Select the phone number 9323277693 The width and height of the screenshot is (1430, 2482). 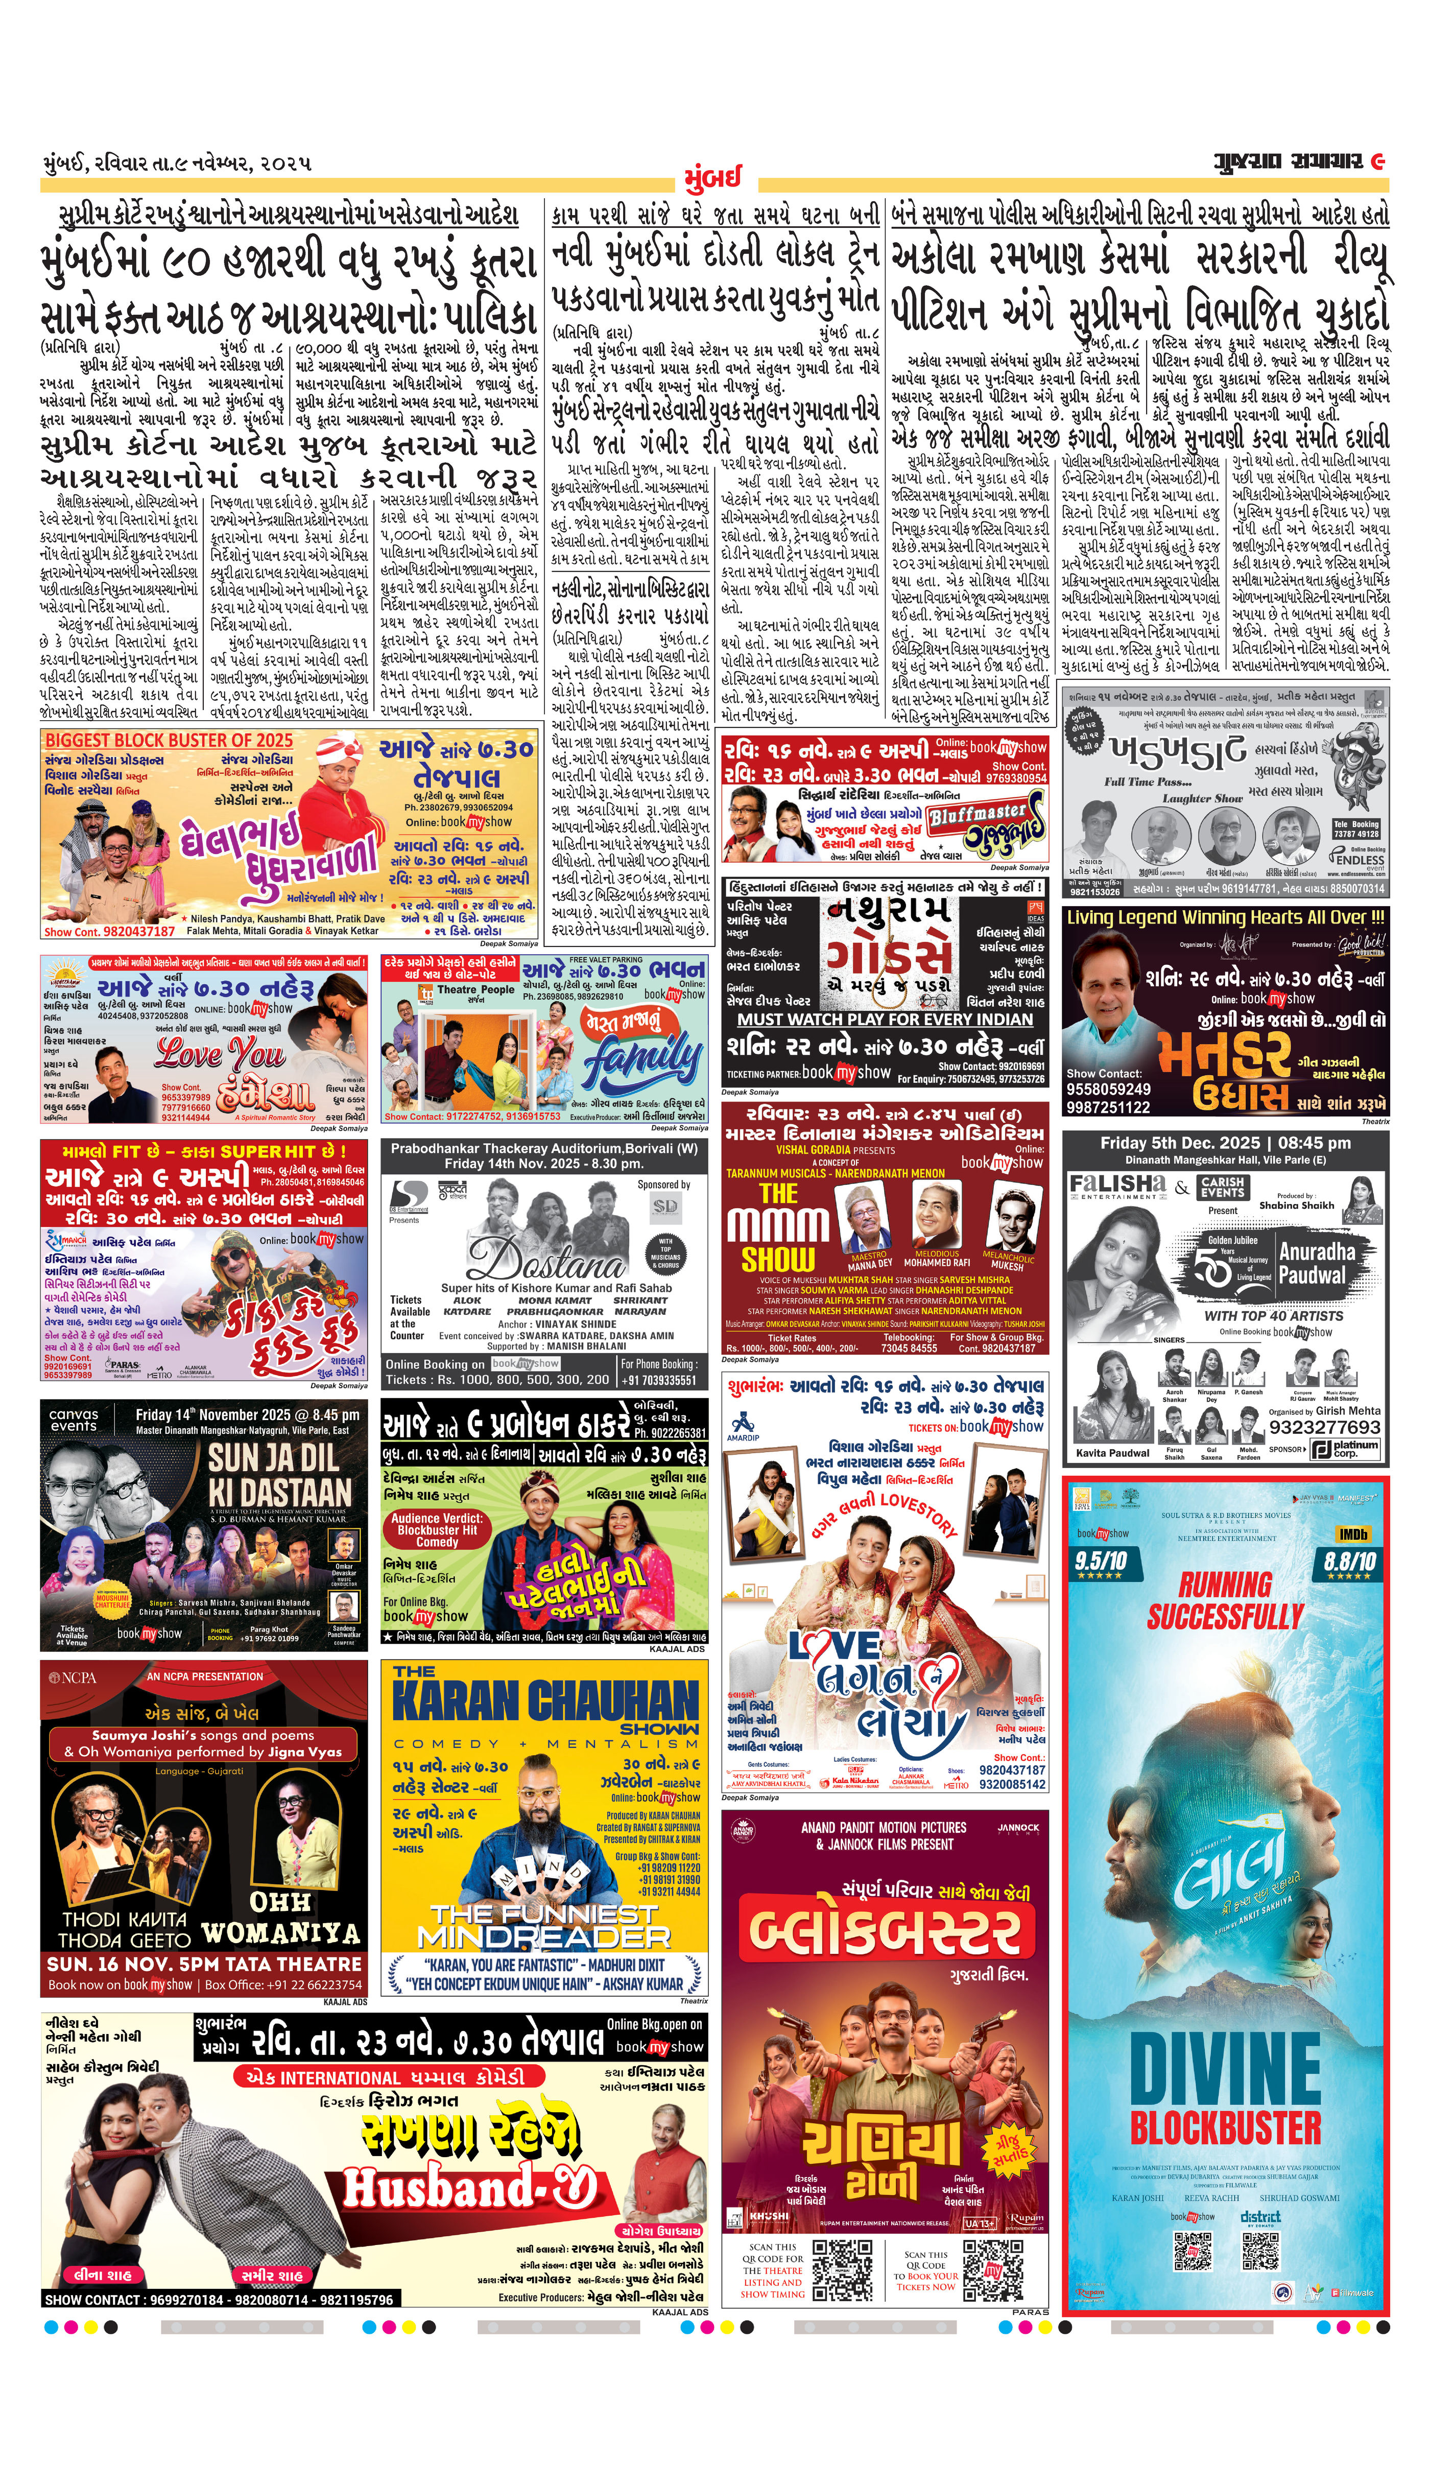(x=1324, y=1426)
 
